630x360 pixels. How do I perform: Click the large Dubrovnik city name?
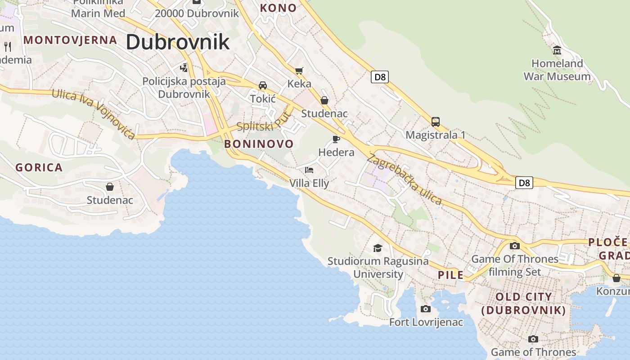[x=177, y=42]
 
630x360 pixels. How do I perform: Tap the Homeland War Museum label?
[x=557, y=70]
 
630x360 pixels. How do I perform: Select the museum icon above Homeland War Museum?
[x=557, y=49]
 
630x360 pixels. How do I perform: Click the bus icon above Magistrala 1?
[x=435, y=121]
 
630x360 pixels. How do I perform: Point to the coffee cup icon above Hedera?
[x=336, y=139]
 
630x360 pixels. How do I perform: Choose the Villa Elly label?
[x=309, y=183]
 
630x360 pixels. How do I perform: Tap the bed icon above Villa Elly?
[x=309, y=170]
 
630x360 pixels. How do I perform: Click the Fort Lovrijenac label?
[x=426, y=322]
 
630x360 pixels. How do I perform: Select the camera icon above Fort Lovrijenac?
[x=425, y=309]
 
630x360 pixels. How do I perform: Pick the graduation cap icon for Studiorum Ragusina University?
[x=378, y=248]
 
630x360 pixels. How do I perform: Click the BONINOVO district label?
[x=259, y=144]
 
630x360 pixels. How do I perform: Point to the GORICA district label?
[x=39, y=168]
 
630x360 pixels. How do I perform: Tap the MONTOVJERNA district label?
[x=70, y=40]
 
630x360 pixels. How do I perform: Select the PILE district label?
[x=450, y=275]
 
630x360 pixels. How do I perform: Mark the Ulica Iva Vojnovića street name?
[x=94, y=113]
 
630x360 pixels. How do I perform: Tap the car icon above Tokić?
[x=262, y=85]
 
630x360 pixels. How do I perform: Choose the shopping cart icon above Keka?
[x=299, y=71]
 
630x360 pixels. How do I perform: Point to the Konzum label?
[x=613, y=291]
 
